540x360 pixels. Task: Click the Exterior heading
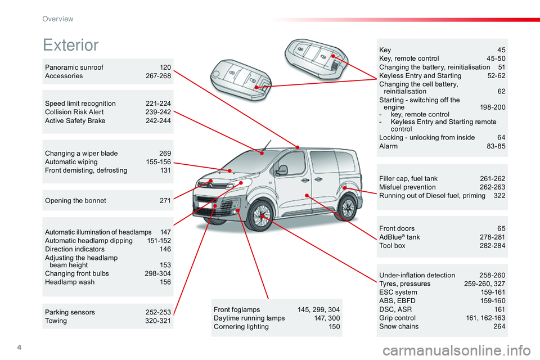pyautogui.click(x=71, y=45)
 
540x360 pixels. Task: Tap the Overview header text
pyautogui.click(x=58, y=19)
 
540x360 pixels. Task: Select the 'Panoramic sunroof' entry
pyautogui.click(x=74, y=67)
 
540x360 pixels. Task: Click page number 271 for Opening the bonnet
pyautogui.click(x=165, y=200)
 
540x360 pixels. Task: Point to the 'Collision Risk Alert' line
pyautogui.click(x=74, y=112)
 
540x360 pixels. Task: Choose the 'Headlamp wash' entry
pyautogui.click(x=70, y=282)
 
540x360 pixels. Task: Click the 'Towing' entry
pyautogui.click(x=56, y=321)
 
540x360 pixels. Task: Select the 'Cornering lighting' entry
pyautogui.click(x=241, y=327)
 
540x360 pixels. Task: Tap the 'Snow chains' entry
pyautogui.click(x=399, y=326)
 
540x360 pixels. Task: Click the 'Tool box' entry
pyautogui.click(x=392, y=246)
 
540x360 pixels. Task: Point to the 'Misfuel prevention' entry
pyautogui.click(x=407, y=187)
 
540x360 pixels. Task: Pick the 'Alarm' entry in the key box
pyautogui.click(x=389, y=146)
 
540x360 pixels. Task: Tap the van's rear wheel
pyautogui.click(x=347, y=208)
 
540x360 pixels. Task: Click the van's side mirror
pyautogui.click(x=282, y=170)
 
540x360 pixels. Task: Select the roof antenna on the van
pyautogui.click(x=267, y=145)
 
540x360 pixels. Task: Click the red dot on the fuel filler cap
pyautogui.click(x=345, y=188)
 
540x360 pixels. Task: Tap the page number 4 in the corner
pyautogui.click(x=19, y=347)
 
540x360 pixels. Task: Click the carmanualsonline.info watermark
pyautogui.click(x=456, y=350)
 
